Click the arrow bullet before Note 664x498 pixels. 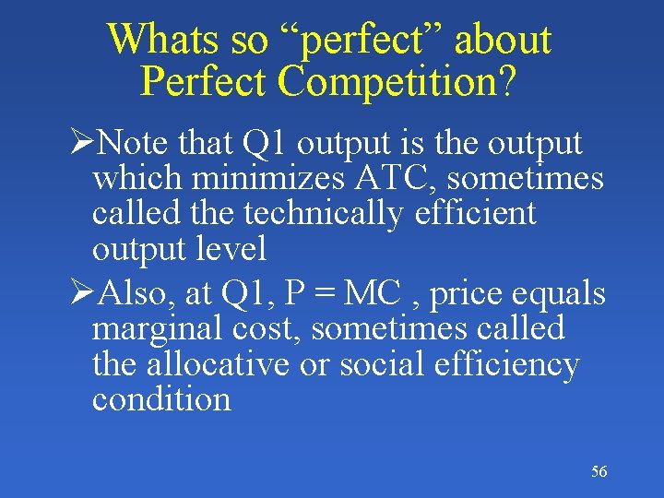point(83,143)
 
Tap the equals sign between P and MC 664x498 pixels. point(326,295)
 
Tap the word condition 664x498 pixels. point(161,399)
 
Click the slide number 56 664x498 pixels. point(599,472)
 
